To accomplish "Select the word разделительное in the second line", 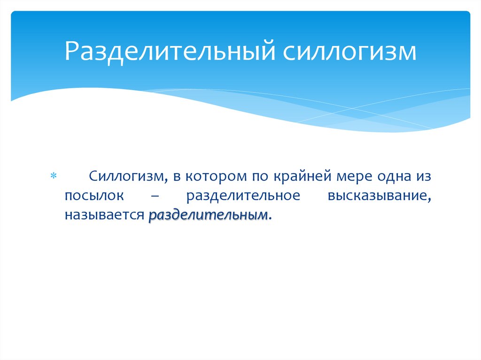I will (x=243, y=196).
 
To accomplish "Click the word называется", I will (x=104, y=215).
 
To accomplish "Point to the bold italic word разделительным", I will (x=209, y=215).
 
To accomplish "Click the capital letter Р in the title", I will (x=71, y=52).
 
